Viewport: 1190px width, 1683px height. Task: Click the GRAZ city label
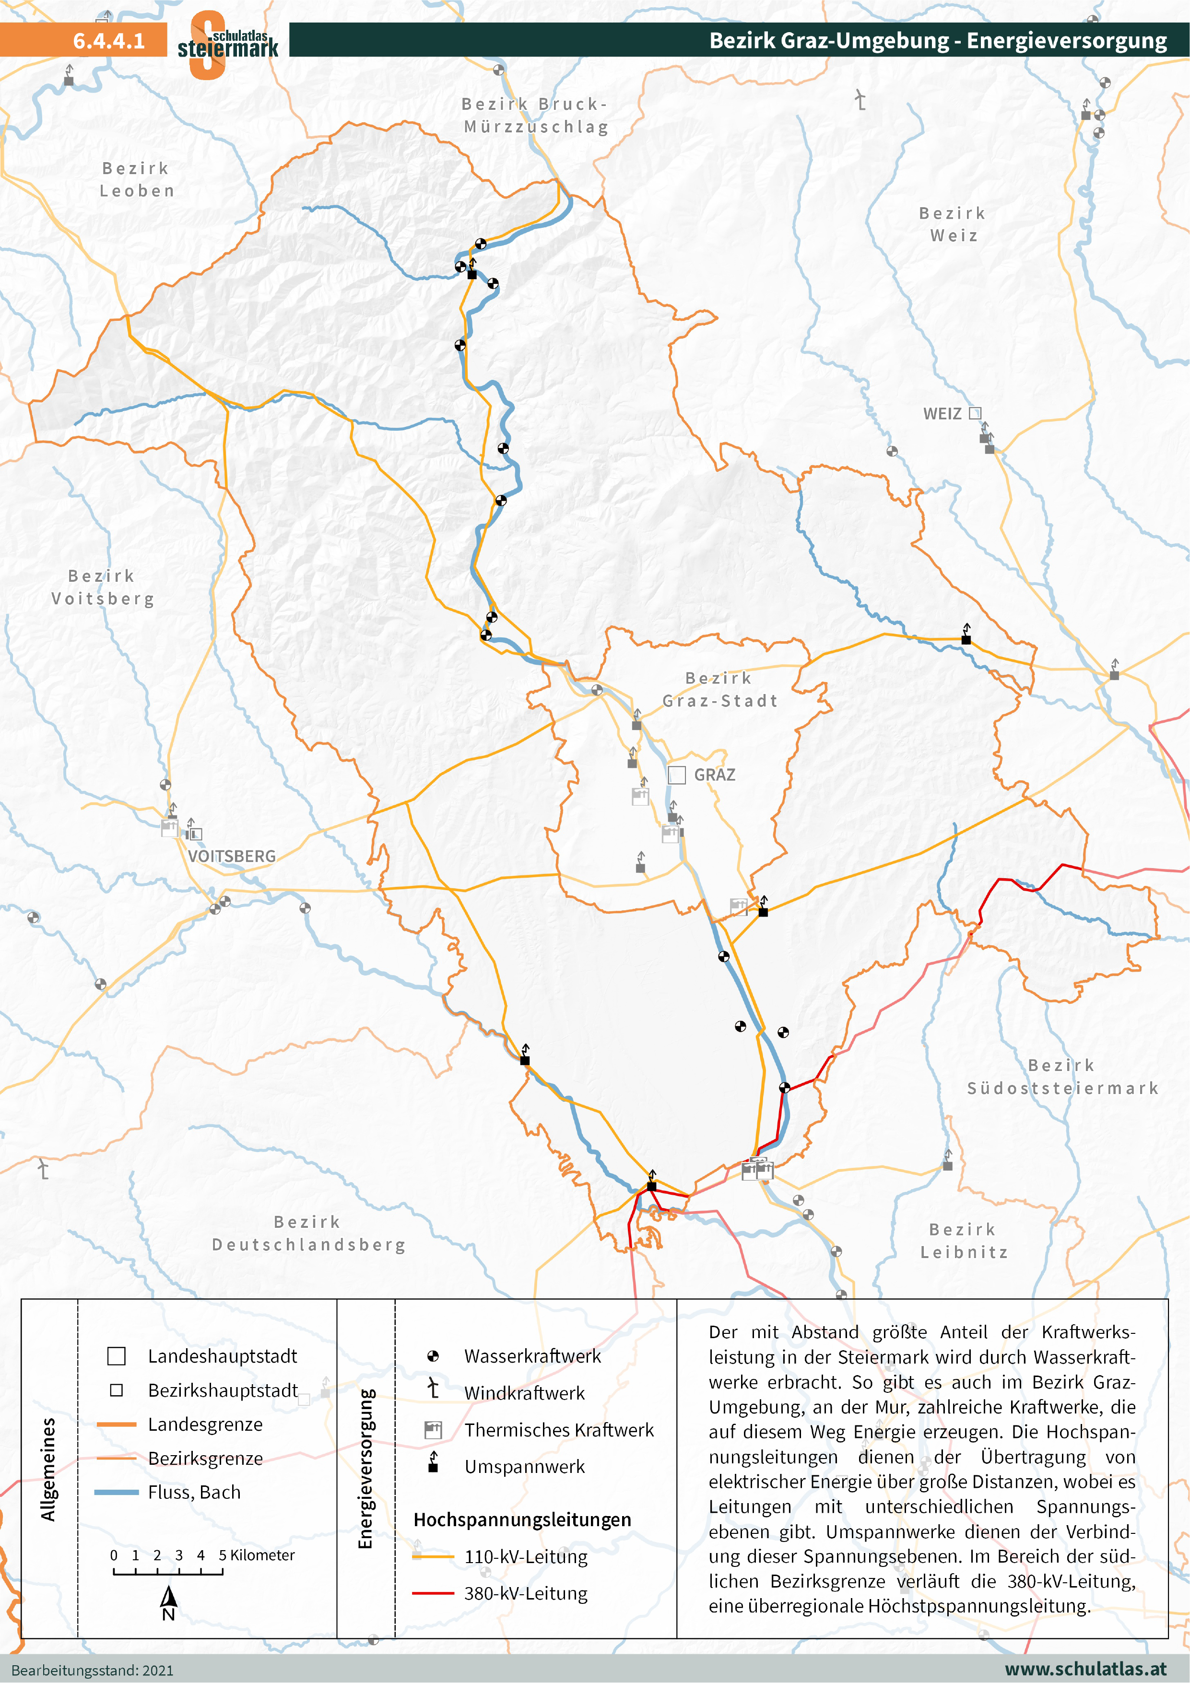point(714,775)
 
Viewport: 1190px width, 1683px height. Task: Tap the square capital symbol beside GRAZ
point(677,775)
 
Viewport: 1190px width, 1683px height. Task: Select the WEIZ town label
point(942,413)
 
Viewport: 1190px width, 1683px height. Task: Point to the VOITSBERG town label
point(232,856)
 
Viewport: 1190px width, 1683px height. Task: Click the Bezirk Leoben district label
point(137,179)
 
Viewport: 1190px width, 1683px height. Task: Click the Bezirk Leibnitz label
point(964,1240)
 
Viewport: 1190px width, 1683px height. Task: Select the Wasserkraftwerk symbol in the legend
point(433,1356)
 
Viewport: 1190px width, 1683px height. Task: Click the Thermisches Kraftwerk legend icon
point(433,1429)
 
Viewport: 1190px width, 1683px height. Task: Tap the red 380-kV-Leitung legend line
point(433,1593)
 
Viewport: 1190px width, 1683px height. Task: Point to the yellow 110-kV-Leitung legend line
point(433,1556)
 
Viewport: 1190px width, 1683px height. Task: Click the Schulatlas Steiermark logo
point(227,44)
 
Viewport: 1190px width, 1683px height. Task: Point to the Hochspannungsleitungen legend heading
point(522,1519)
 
